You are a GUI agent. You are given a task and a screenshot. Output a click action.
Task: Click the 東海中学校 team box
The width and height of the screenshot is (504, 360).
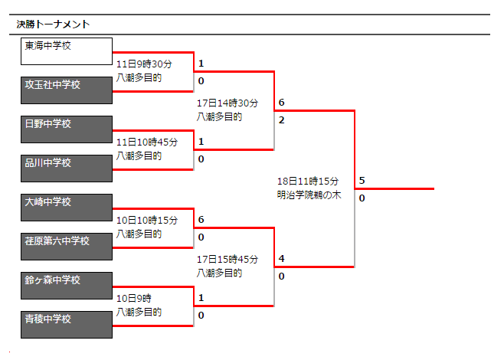click(x=67, y=51)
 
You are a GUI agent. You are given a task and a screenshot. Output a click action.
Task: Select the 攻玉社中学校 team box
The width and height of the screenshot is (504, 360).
click(x=67, y=90)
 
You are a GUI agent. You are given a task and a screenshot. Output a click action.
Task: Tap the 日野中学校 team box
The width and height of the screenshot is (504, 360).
click(x=67, y=129)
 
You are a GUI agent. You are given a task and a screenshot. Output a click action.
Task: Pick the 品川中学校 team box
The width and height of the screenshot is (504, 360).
click(x=67, y=169)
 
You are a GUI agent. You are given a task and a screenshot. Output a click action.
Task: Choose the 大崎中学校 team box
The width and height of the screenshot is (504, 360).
click(x=67, y=208)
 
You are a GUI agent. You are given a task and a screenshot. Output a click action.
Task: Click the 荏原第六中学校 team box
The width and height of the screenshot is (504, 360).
click(x=67, y=247)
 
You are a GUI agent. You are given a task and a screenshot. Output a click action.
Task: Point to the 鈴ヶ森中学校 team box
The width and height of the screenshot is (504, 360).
click(x=67, y=286)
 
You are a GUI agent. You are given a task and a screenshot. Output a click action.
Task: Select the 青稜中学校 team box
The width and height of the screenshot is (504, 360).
click(x=67, y=325)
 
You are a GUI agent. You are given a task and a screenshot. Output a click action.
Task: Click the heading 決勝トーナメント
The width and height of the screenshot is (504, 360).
click(x=53, y=24)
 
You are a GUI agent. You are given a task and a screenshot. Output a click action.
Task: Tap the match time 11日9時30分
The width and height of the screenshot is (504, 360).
click(x=144, y=64)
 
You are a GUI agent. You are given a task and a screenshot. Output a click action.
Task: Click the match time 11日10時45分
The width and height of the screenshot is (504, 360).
click(x=147, y=142)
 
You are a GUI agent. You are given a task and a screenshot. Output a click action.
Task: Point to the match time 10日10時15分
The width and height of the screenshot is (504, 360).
click(x=147, y=220)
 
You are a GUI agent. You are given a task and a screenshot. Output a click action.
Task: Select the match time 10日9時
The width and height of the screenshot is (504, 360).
click(x=134, y=298)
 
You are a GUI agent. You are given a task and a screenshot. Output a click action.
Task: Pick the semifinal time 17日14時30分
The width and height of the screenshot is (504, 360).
click(x=227, y=103)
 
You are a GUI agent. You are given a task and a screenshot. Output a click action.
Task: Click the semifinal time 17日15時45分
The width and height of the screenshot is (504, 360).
click(x=227, y=260)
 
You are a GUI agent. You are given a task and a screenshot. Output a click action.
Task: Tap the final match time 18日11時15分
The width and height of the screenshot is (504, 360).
click(x=308, y=182)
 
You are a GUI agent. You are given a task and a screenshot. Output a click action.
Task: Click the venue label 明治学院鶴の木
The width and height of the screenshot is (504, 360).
click(x=309, y=195)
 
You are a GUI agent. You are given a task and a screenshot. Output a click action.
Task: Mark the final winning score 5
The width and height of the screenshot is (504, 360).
click(x=362, y=180)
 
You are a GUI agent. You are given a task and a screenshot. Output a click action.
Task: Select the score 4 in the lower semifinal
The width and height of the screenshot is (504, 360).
click(x=282, y=258)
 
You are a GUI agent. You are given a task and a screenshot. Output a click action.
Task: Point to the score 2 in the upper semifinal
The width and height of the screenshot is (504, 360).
click(x=282, y=120)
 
